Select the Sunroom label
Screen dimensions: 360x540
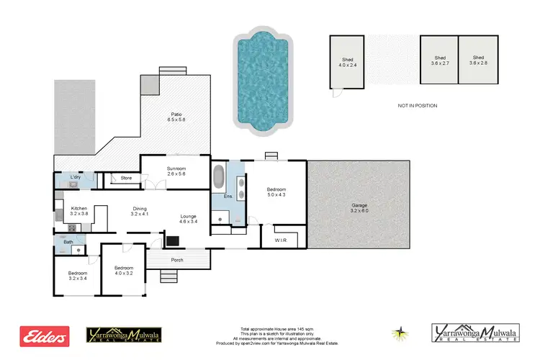coord(177,171)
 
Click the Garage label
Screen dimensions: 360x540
coord(359,207)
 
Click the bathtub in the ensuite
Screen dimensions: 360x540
coord(219,177)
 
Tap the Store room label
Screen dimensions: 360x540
coord(126,177)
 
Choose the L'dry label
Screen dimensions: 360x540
coord(75,177)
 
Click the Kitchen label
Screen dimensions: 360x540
coord(79,211)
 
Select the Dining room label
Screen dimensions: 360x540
coord(139,211)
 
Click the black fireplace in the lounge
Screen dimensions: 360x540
coord(173,240)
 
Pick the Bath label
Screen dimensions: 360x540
coord(68,242)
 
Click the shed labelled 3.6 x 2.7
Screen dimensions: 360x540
coord(440,60)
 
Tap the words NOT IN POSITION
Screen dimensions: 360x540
coord(417,106)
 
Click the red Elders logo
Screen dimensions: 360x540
coord(45,336)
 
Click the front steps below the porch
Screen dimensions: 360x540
coord(168,276)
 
